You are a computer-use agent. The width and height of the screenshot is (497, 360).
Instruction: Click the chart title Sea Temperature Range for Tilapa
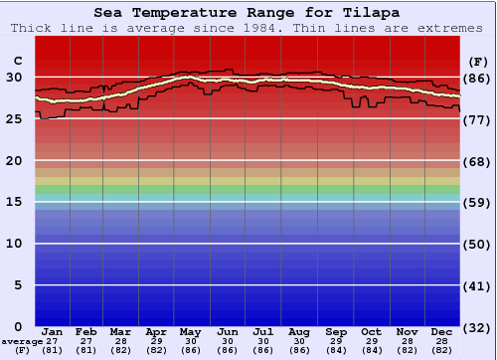(x=248, y=13)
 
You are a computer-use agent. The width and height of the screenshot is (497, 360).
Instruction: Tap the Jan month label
(x=53, y=331)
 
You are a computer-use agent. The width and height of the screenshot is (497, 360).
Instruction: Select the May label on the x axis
(x=191, y=331)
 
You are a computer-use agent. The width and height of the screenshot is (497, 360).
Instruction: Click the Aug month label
(x=298, y=331)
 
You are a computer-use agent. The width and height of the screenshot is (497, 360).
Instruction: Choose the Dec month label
(x=442, y=331)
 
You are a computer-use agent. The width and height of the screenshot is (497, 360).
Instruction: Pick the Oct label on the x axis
(x=371, y=331)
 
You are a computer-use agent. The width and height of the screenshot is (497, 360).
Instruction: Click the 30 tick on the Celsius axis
(x=14, y=78)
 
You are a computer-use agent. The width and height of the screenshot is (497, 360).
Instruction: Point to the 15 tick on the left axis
(x=14, y=202)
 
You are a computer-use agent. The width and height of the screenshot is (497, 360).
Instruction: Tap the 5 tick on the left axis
(x=18, y=285)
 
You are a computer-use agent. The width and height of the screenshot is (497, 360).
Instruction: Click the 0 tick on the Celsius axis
(x=18, y=326)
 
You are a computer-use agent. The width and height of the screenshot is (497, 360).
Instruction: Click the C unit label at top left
(x=17, y=61)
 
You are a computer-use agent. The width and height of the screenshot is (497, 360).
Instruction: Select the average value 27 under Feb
(x=87, y=341)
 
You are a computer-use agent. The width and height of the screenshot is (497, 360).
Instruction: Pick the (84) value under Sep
(x=336, y=350)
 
